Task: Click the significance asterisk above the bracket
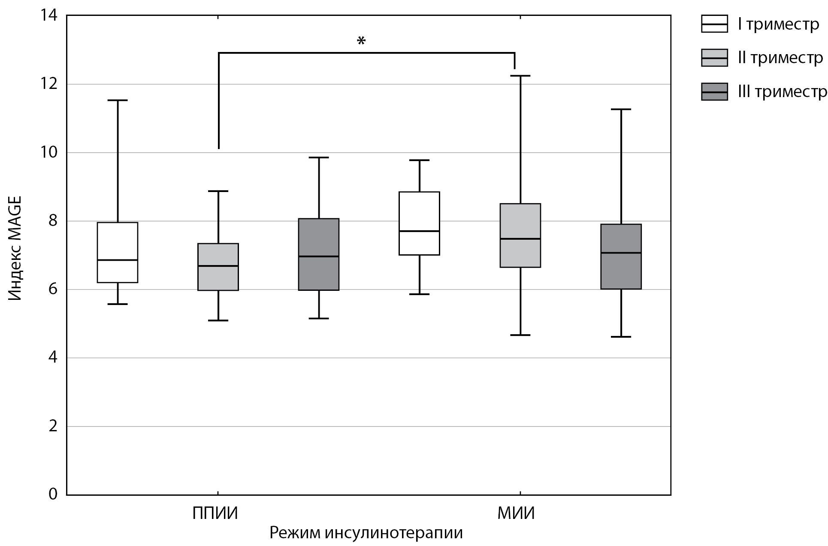click(x=361, y=41)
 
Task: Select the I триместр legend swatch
click(x=714, y=24)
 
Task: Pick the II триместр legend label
click(x=780, y=58)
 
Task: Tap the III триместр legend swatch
click(x=714, y=92)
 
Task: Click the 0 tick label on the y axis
click(x=53, y=494)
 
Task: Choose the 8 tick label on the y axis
click(x=53, y=221)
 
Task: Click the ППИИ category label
click(x=215, y=513)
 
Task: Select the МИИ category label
click(x=516, y=513)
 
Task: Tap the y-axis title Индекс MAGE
click(x=15, y=248)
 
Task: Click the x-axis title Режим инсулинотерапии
click(x=366, y=533)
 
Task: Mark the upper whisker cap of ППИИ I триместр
click(x=118, y=100)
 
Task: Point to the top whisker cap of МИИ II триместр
click(x=520, y=76)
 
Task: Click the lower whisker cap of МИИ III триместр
click(x=621, y=337)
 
